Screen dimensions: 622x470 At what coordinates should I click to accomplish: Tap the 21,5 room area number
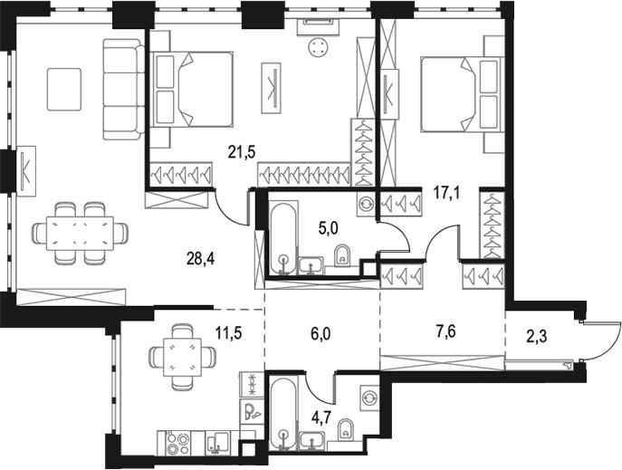pos(241,151)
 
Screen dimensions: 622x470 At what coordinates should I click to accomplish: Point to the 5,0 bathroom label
pos(329,230)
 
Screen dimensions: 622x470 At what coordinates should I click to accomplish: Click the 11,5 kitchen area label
pos(228,332)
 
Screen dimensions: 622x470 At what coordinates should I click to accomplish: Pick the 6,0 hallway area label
pos(320,335)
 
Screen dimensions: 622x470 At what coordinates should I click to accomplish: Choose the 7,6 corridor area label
pos(445,331)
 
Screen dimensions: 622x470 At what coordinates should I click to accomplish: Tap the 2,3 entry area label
pos(537,337)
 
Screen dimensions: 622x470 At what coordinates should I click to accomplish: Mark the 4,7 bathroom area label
pos(321,418)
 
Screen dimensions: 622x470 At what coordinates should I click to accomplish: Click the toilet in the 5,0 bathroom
pos(343,256)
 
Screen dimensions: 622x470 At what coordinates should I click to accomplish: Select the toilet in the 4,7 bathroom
pos(346,430)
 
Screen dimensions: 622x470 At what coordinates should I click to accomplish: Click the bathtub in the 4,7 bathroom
pos(282,413)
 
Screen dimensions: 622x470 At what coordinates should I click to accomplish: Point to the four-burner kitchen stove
pos(177,444)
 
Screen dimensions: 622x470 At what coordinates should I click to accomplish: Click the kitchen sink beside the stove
pos(218,443)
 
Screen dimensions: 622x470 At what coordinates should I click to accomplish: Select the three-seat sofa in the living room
pos(124,89)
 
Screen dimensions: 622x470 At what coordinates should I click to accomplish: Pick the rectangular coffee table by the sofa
pos(64,89)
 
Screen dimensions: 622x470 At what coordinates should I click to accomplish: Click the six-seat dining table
pos(81,234)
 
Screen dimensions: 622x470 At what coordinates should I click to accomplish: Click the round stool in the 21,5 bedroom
pos(317,48)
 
